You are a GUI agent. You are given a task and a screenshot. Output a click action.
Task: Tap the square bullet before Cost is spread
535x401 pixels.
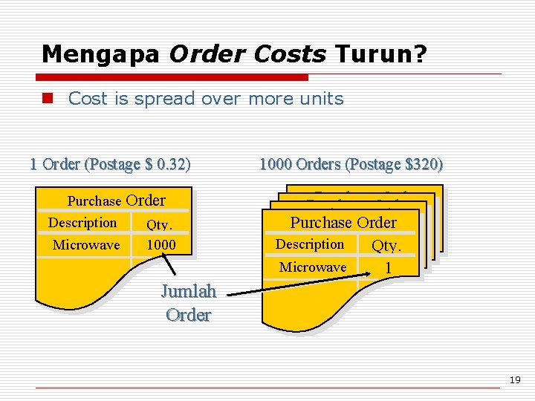point(48,99)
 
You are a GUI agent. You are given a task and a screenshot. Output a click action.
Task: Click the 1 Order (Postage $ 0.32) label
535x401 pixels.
point(110,164)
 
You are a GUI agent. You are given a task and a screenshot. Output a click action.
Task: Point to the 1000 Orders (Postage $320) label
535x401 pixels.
point(351,164)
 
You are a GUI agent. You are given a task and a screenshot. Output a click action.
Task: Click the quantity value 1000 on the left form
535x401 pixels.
point(160,245)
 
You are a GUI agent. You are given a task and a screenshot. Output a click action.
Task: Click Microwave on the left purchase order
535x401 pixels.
point(86,245)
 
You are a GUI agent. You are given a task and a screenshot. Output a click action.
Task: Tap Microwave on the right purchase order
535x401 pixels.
point(313,267)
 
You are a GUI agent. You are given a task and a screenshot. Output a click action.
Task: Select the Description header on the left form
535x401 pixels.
point(82,223)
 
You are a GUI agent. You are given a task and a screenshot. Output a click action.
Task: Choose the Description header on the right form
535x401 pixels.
point(310,244)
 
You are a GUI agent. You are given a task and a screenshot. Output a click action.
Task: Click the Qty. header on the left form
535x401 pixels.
point(160,224)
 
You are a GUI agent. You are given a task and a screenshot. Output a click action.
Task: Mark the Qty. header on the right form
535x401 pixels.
point(386,246)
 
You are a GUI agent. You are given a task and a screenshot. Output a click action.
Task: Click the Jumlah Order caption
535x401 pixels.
point(189,303)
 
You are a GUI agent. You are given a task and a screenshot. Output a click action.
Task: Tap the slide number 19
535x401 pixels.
point(514,380)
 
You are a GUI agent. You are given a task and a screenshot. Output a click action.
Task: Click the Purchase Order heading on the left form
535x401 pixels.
point(117,200)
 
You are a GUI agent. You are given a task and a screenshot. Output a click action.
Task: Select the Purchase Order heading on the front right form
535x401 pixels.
point(343,222)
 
